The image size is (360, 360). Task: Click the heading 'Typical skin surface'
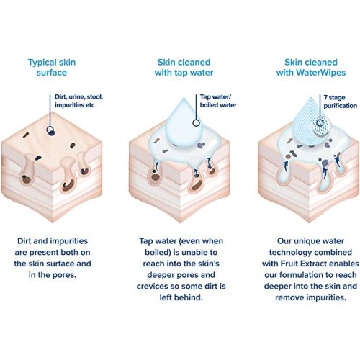pyautogui.click(x=52, y=68)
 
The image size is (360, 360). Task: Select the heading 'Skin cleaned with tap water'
pyautogui.click(x=184, y=68)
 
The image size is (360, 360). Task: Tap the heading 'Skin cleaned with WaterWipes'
pyautogui.click(x=311, y=68)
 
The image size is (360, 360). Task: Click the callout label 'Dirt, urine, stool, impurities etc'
pyautogui.click(x=78, y=101)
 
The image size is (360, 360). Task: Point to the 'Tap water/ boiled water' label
pyautogui.click(x=218, y=101)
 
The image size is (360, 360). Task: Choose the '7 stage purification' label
pyautogui.click(x=340, y=102)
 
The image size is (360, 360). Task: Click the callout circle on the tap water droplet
pyautogui.click(x=197, y=123)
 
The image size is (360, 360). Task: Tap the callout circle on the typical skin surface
pyautogui.click(x=50, y=130)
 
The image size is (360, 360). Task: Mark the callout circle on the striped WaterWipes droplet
pyautogui.click(x=320, y=123)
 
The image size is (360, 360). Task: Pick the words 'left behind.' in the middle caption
pyautogui.click(x=181, y=297)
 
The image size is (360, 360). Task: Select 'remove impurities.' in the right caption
pyautogui.click(x=310, y=298)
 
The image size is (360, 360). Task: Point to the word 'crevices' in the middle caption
pyautogui.click(x=152, y=287)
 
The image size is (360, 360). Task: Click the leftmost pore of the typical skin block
pyautogui.click(x=27, y=170)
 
